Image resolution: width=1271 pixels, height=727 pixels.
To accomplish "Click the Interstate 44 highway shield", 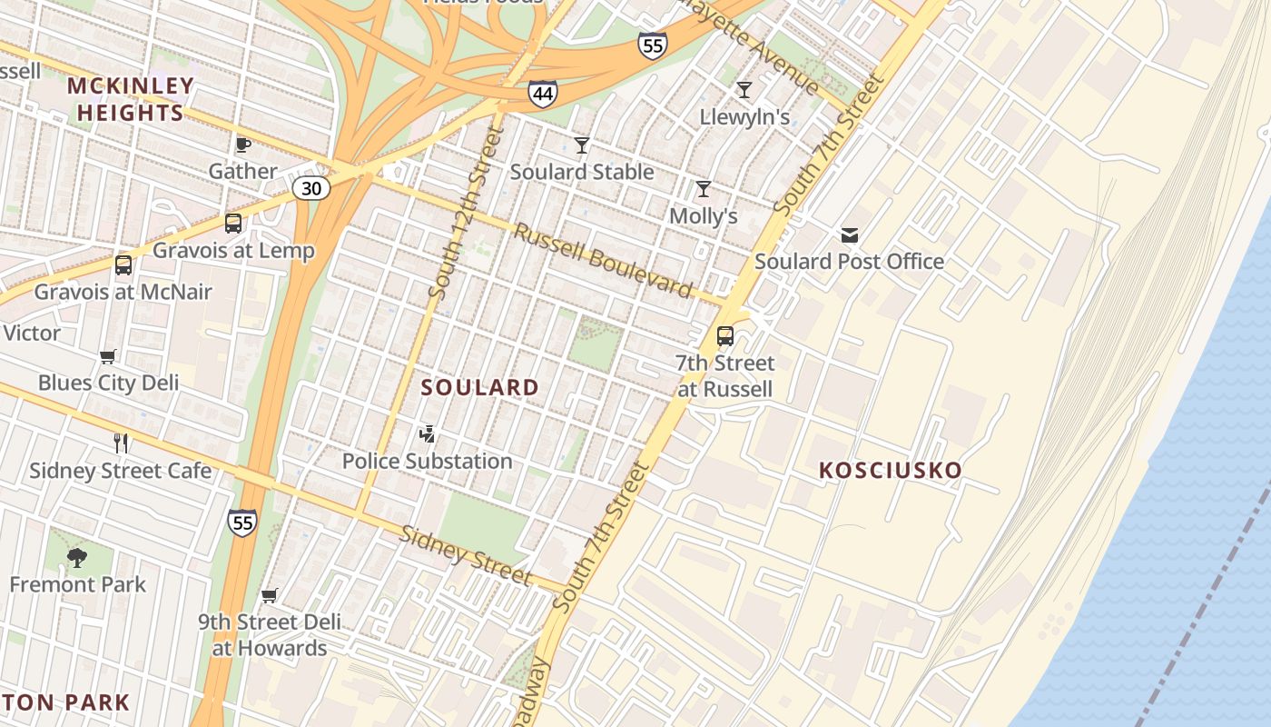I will click(x=542, y=93).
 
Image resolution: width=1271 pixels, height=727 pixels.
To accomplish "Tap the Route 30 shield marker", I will click(x=310, y=188).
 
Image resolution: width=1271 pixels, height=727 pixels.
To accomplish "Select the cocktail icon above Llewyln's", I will click(x=744, y=89).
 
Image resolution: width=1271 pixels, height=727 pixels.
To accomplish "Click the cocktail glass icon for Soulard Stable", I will click(x=582, y=144).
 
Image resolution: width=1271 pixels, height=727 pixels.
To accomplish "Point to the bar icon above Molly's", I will click(x=703, y=189).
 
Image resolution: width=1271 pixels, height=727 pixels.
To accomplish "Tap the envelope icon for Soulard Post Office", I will click(x=850, y=235).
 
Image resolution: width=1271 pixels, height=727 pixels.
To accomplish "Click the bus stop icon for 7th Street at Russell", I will click(x=724, y=336).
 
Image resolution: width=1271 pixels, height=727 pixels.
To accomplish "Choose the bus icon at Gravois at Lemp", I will click(x=233, y=223).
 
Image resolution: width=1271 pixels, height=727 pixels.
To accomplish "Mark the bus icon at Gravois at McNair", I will click(x=123, y=265).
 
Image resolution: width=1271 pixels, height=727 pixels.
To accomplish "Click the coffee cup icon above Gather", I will click(x=242, y=144).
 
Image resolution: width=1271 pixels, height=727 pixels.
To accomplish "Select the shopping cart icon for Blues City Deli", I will click(x=108, y=356).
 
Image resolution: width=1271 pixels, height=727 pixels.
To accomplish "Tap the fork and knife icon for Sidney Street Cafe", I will click(x=121, y=443).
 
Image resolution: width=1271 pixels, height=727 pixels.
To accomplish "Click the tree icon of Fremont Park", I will click(x=77, y=557).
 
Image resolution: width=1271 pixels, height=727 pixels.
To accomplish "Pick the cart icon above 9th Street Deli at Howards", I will click(x=269, y=596).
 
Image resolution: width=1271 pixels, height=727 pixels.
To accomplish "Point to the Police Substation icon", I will click(x=427, y=434).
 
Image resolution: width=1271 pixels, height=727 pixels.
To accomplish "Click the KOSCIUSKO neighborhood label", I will click(x=890, y=471).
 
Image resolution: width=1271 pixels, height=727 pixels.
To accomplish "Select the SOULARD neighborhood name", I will click(x=480, y=388).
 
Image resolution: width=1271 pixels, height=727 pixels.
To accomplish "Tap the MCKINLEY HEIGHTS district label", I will click(x=131, y=100).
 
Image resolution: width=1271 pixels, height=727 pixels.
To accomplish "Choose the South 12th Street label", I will click(x=465, y=214).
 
